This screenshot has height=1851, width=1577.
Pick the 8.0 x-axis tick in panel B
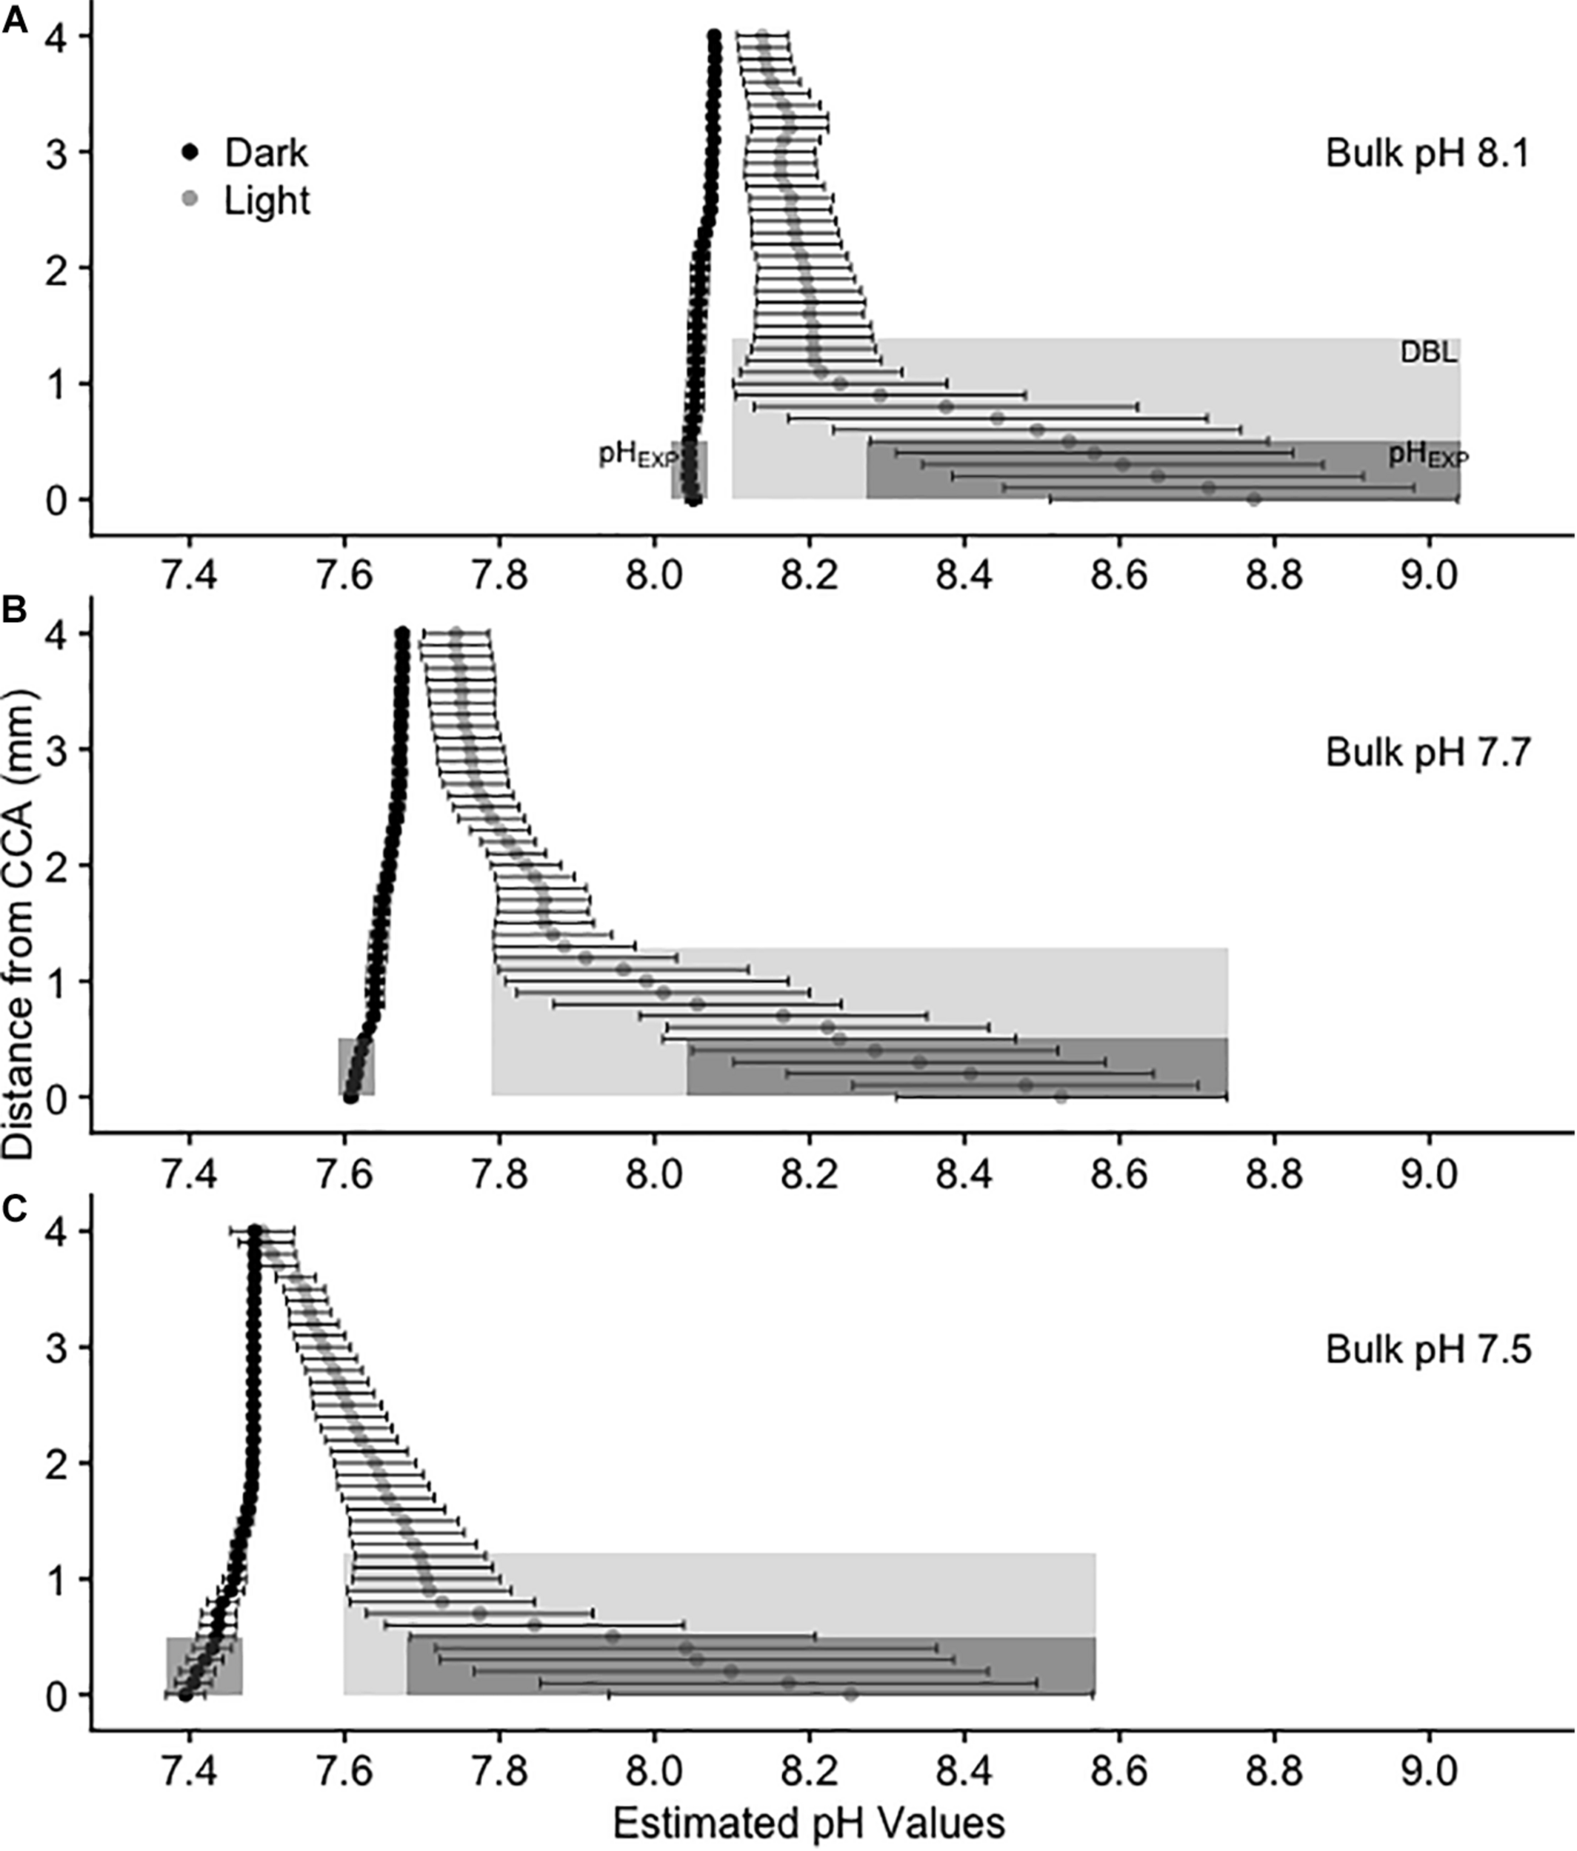click(x=654, y=1175)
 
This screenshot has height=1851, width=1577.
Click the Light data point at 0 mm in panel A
click(x=1253, y=499)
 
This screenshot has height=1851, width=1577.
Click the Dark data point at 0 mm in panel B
click(x=350, y=1097)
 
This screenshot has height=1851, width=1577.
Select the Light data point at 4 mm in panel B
click(x=456, y=633)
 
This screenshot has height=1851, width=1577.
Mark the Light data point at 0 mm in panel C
click(x=850, y=1694)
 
